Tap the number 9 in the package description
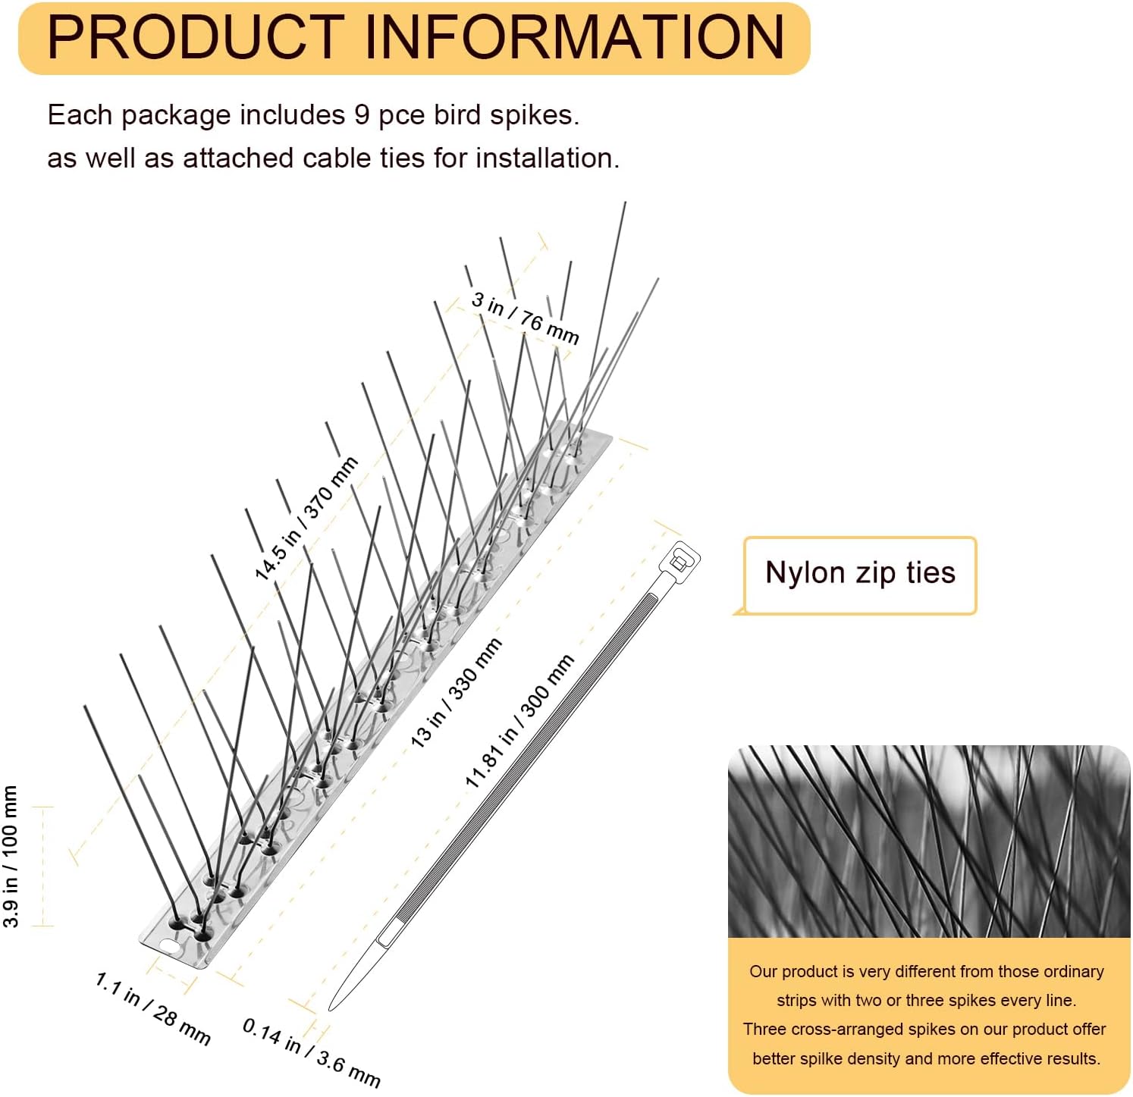click(362, 115)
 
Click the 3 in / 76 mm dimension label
click(526, 318)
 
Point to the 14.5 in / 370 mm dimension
click(306, 519)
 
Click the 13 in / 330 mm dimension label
click(456, 693)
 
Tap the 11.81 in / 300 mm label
click(519, 721)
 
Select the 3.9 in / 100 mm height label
click(11, 856)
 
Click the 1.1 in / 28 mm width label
click(152, 1008)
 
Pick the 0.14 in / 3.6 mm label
click(311, 1052)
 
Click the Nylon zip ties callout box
click(860, 575)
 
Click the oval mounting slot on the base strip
click(169, 947)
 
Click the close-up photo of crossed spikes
click(928, 842)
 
